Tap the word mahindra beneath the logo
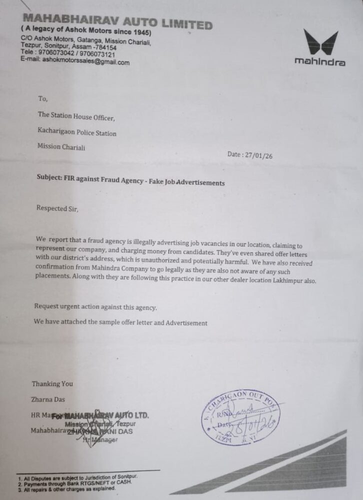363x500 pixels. (319, 62)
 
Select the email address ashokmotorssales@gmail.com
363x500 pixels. (86, 62)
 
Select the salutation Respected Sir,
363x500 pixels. (57, 208)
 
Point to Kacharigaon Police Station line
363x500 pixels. (77, 133)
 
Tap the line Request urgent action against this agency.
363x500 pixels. (95, 307)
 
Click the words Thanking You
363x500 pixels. (52, 384)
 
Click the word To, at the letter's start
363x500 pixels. (43, 99)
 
